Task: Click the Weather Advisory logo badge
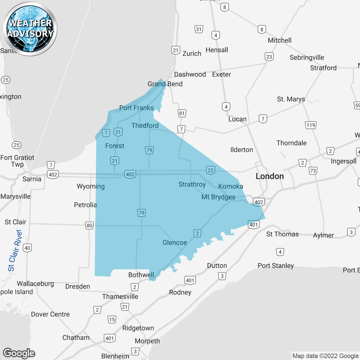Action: click(30, 29)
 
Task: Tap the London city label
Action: click(269, 176)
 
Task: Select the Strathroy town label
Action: click(192, 184)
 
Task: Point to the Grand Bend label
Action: click(165, 84)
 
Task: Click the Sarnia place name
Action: click(32, 179)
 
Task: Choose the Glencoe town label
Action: click(175, 242)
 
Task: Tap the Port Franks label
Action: click(136, 108)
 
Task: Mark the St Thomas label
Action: click(282, 234)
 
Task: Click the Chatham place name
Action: click(76, 337)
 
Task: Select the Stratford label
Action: click(323, 68)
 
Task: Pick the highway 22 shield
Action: click(211, 170)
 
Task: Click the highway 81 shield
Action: click(182, 113)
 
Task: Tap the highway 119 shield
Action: click(311, 125)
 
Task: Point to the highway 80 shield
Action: click(89, 225)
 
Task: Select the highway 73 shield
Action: click(313, 171)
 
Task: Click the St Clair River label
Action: click(15, 250)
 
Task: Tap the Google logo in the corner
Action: click(19, 353)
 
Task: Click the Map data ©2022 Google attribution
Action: click(325, 356)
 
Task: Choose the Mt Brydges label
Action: click(218, 197)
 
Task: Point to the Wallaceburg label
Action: click(35, 283)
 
